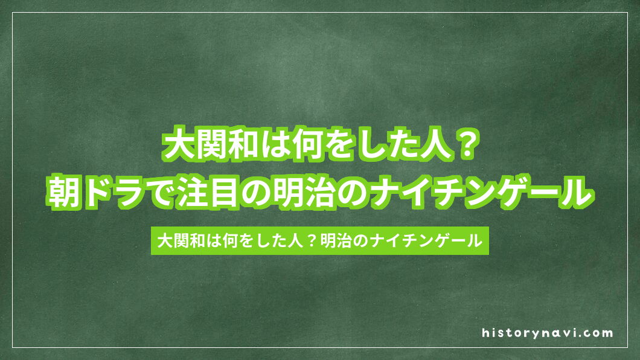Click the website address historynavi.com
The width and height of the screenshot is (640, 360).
pos(548,333)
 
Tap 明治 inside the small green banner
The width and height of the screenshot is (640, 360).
pos(328,240)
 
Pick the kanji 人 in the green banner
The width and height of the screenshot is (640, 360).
pos(289,240)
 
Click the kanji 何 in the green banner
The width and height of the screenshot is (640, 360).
pos(227,240)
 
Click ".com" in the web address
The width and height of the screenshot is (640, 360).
pos(598,333)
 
